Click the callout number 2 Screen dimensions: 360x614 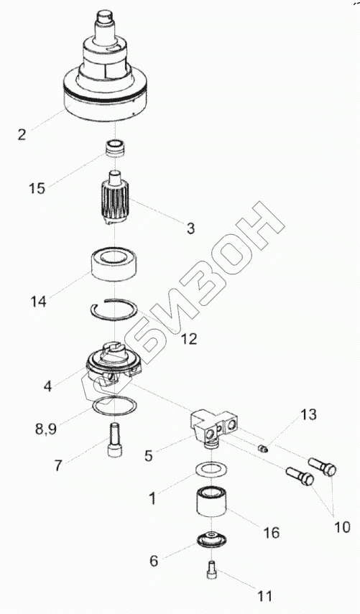22,134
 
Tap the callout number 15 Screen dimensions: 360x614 37,188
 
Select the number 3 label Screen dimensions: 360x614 190,228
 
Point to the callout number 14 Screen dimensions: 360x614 39,302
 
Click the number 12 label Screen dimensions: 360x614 188,339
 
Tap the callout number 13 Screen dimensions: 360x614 309,414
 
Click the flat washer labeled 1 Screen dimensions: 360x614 211,470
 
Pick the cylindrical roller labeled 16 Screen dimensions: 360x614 211,503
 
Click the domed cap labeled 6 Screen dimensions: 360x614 211,539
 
